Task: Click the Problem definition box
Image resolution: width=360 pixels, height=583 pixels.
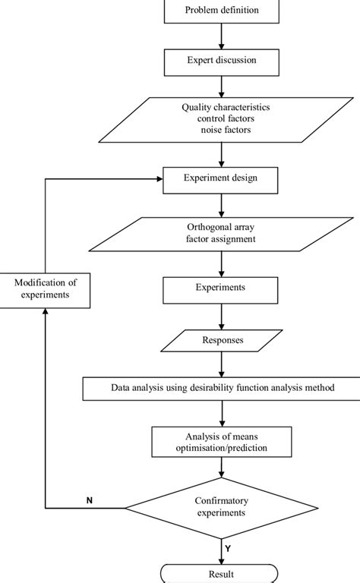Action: pyautogui.click(x=221, y=11)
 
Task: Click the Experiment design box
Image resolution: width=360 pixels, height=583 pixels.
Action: pyautogui.click(x=221, y=180)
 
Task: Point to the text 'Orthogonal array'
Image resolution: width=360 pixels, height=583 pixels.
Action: pyautogui.click(x=221, y=227)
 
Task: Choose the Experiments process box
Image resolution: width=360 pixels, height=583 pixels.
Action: pyautogui.click(x=221, y=288)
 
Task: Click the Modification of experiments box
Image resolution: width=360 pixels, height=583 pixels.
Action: pyautogui.click(x=46, y=289)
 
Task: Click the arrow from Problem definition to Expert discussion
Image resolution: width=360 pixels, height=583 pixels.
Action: pyautogui.click(x=221, y=34)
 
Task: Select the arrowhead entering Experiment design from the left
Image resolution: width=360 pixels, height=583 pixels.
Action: pyautogui.click(x=158, y=180)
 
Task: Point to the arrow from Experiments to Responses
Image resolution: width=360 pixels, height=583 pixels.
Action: pyautogui.click(x=221, y=316)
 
